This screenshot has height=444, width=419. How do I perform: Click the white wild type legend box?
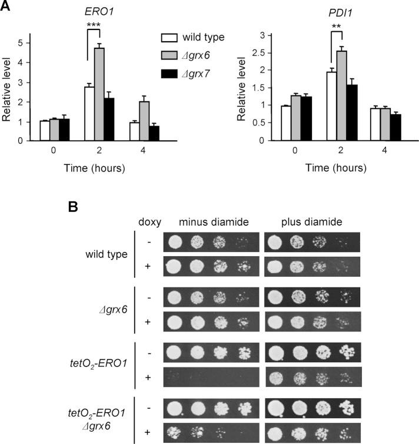pyautogui.click(x=169, y=38)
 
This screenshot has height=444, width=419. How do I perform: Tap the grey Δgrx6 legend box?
pyautogui.click(x=169, y=56)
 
